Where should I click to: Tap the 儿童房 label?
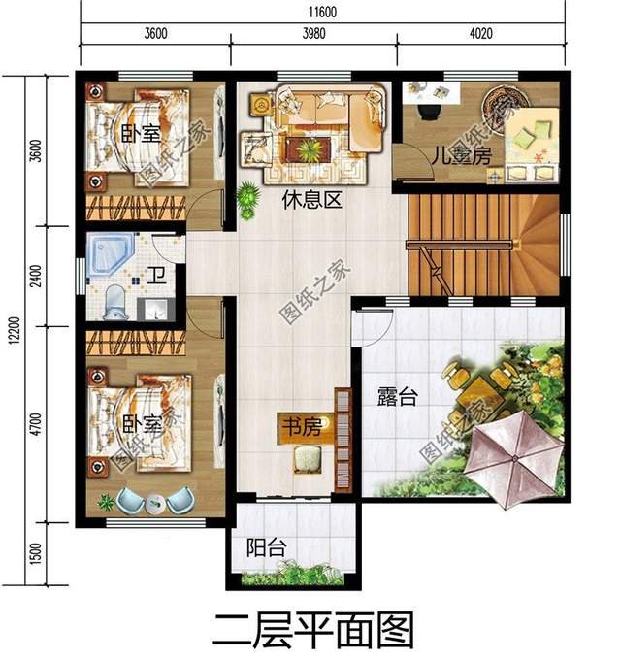pyautogui.click(x=457, y=154)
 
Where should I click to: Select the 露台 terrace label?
pyautogui.click(x=397, y=395)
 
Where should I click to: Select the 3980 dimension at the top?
pyautogui.click(x=313, y=33)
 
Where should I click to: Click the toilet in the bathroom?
pyautogui.click(x=114, y=302)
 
